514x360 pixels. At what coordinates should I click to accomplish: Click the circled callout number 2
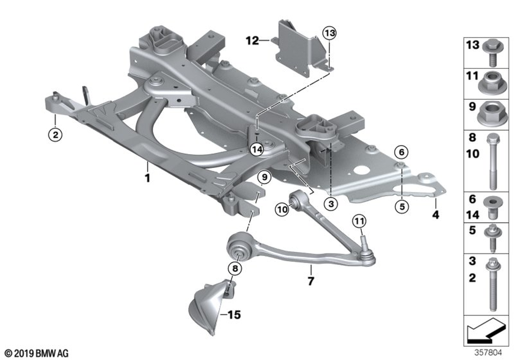click(54, 135)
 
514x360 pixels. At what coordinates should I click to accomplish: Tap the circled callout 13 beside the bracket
click(329, 34)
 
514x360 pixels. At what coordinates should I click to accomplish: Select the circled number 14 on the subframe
click(258, 150)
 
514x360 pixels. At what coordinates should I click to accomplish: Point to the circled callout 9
click(263, 178)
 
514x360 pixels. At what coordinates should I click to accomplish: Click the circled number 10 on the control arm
click(282, 209)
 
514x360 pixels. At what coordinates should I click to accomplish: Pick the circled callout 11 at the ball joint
click(358, 222)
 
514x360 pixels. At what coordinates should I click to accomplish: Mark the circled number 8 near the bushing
click(234, 268)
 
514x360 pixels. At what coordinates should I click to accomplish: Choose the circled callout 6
click(401, 152)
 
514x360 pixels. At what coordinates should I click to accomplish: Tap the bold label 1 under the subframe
click(147, 179)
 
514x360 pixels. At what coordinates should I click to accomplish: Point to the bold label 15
click(233, 315)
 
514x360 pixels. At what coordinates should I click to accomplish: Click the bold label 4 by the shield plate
click(435, 215)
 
